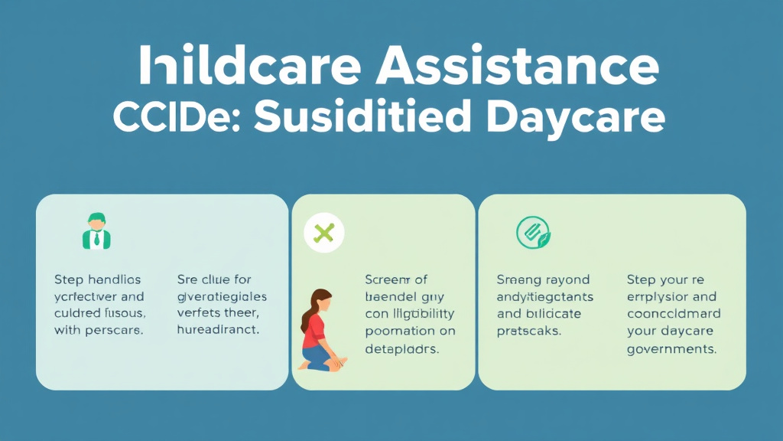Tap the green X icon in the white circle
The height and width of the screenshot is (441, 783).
coord(324,232)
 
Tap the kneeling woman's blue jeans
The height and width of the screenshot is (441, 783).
coord(317,357)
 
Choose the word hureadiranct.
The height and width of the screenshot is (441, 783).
coord(218,330)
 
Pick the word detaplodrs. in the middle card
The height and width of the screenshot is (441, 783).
coord(402,348)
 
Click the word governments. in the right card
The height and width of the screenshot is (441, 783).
coord(671,348)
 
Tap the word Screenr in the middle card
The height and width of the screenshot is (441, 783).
coord(388,279)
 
